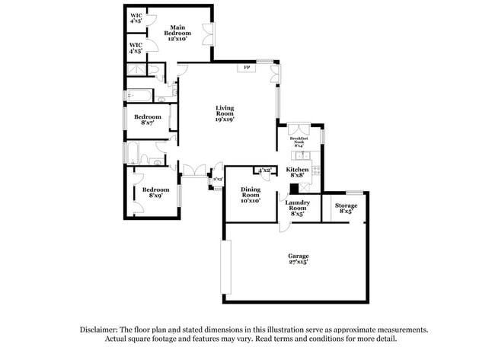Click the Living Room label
click(224, 113)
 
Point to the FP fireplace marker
click(247, 68)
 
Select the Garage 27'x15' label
click(299, 259)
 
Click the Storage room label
click(346, 208)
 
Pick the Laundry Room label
click(297, 208)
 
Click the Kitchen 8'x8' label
click(297, 174)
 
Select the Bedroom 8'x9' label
click(155, 192)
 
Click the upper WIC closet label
click(136, 18)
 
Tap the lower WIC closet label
click(136, 47)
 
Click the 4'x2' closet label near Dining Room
click(265, 170)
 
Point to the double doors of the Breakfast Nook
click(298, 128)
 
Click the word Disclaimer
click(100, 330)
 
